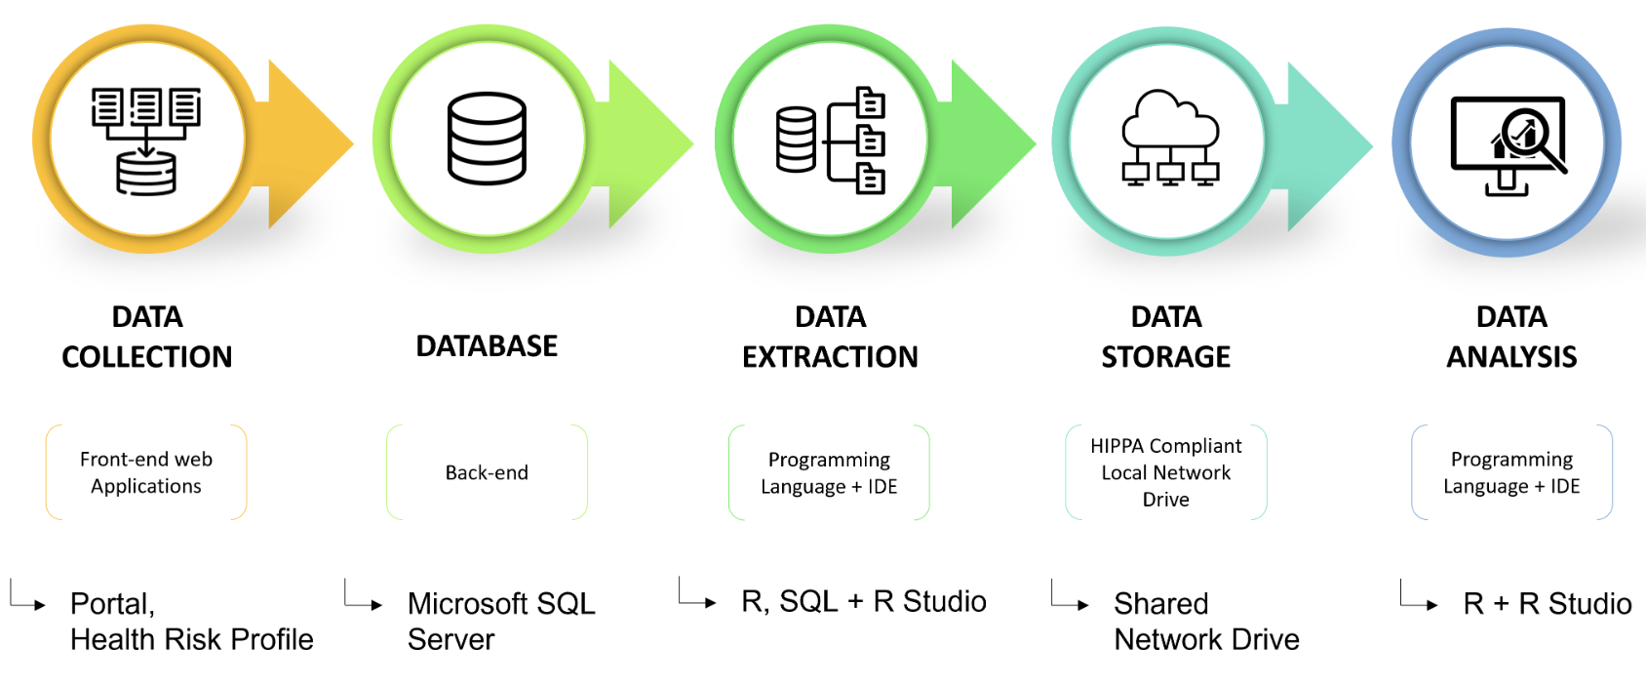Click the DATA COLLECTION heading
[x=147, y=337]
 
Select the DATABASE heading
[x=487, y=346]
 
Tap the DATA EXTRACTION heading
[x=830, y=337]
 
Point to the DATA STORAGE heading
[x=1166, y=337]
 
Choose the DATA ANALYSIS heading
[x=1511, y=337]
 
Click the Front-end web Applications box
[x=146, y=472]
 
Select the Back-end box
[x=487, y=472]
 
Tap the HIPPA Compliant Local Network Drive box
[x=1166, y=472]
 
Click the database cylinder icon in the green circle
[x=487, y=139]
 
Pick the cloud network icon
[x=1170, y=139]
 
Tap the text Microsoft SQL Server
[x=501, y=621]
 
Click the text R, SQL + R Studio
[x=864, y=601]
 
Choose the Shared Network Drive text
[x=1206, y=621]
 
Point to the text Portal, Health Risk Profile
[x=191, y=621]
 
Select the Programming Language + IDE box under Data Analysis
[x=1511, y=472]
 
